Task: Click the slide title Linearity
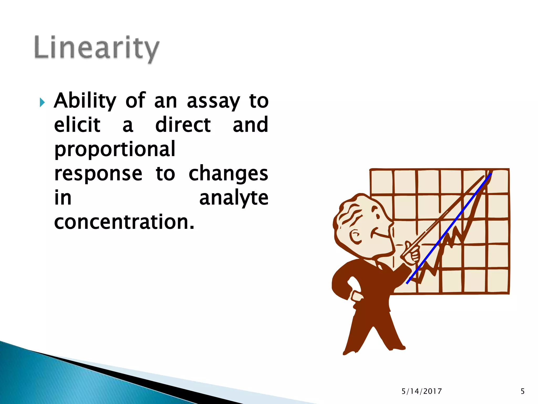coord(97,48)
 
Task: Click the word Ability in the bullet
coord(85,101)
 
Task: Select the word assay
coord(213,102)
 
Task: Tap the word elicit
coord(77,125)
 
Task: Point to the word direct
coord(183,125)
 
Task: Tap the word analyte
coord(234,198)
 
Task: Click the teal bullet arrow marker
coord(42,102)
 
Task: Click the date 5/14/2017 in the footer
coord(421,391)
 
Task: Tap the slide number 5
coord(523,391)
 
